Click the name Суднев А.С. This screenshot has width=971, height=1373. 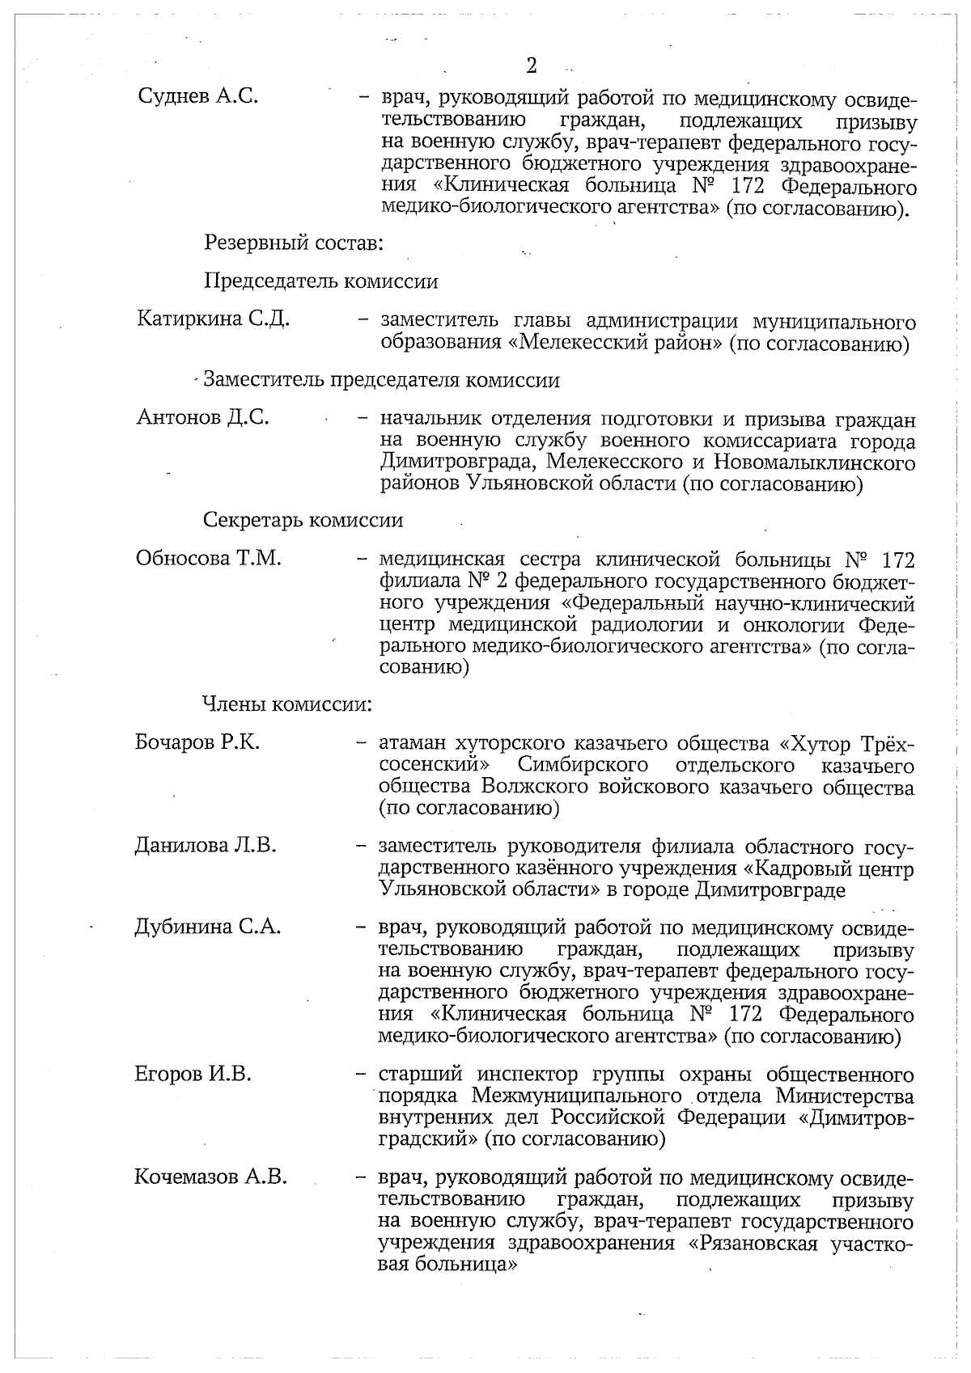[198, 96]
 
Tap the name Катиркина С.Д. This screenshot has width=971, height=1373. [214, 319]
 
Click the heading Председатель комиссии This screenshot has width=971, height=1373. [320, 281]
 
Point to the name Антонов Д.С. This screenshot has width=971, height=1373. [203, 417]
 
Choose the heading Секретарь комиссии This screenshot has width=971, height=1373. [303, 520]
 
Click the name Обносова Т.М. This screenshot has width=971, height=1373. [208, 558]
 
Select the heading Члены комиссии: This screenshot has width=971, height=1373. [286, 704]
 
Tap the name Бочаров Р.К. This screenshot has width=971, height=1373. [197, 742]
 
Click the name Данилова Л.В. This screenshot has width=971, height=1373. [206, 846]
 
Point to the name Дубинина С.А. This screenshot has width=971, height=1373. [207, 927]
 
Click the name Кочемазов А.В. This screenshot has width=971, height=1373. [210, 1177]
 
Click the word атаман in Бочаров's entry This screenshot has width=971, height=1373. [413, 743]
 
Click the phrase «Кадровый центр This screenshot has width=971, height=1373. [828, 869]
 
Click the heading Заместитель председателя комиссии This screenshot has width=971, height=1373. [381, 379]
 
